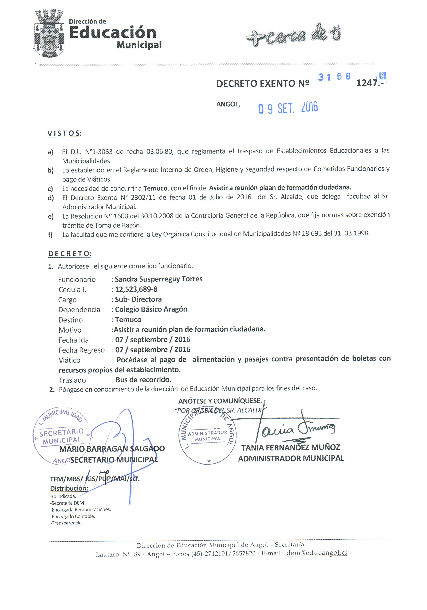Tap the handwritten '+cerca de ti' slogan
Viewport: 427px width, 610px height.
294,35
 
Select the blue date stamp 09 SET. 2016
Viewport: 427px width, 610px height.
288,108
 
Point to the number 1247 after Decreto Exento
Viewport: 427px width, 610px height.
367,83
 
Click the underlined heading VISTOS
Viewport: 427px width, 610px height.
64,133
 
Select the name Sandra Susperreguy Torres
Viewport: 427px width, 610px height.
159,279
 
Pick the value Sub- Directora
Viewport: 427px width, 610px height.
138,299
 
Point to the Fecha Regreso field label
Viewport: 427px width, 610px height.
81,350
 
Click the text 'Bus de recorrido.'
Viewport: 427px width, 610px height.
143,380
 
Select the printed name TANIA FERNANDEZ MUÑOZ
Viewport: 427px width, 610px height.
290,447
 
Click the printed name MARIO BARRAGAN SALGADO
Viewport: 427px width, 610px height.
112,449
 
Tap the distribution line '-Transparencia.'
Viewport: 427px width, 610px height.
66,523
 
